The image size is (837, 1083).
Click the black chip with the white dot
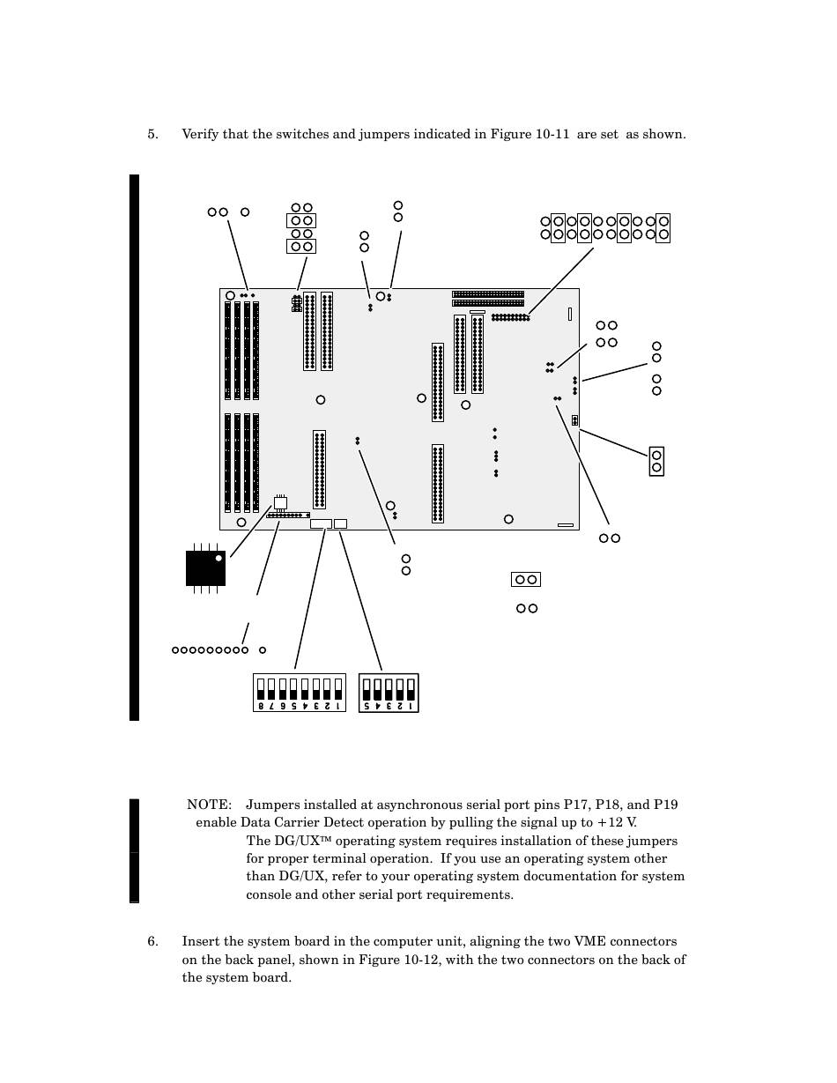[205, 567]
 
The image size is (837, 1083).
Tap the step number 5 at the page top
[152, 135]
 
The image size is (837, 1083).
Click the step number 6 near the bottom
[152, 942]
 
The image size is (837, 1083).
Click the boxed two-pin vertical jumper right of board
[656, 461]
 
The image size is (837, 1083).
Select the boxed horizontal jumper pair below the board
[525, 580]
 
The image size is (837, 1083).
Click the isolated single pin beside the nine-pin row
[263, 650]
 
